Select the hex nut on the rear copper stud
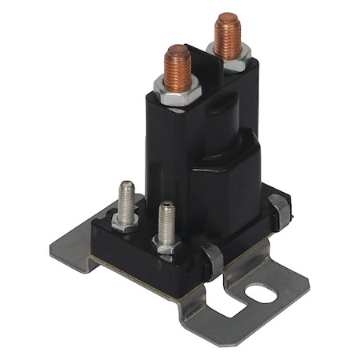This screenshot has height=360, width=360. coord(230,54)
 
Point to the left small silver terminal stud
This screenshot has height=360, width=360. coord(126,202)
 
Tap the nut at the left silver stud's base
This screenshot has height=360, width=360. coord(125,222)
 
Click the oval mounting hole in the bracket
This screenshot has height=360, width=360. coord(260,294)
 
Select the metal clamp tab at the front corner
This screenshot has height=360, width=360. coord(211,259)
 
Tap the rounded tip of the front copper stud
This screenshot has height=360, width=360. coord(177,50)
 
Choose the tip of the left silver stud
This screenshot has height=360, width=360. coord(126,186)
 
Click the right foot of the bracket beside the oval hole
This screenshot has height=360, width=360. coord(280,300)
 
